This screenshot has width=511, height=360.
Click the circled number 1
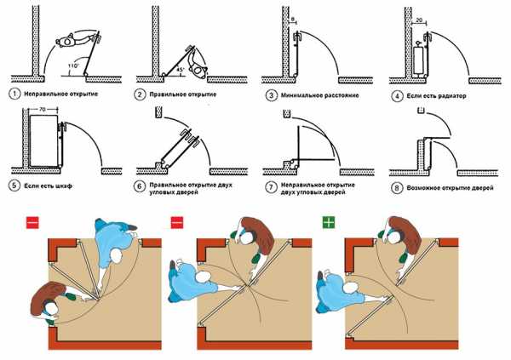coord(14,94)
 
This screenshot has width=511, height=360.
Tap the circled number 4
coord(397,96)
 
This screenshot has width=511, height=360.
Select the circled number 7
coord(271,188)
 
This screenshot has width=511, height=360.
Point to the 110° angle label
coord(73,66)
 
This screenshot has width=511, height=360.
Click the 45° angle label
coord(181,70)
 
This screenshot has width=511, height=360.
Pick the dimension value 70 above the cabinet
coord(43,110)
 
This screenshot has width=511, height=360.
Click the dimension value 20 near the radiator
coord(419,20)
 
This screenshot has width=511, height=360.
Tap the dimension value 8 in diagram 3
coord(293,20)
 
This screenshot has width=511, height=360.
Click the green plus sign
coord(329,223)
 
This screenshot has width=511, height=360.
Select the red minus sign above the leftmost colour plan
coord(32,223)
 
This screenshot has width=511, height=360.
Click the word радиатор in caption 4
coord(451,96)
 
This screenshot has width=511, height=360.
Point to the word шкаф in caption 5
coord(63,186)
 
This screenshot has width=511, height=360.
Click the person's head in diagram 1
coord(67,42)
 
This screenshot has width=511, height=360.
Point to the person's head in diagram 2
coord(198,70)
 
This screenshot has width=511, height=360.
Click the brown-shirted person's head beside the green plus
coord(394,237)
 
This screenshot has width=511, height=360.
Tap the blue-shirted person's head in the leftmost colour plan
coord(116,257)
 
